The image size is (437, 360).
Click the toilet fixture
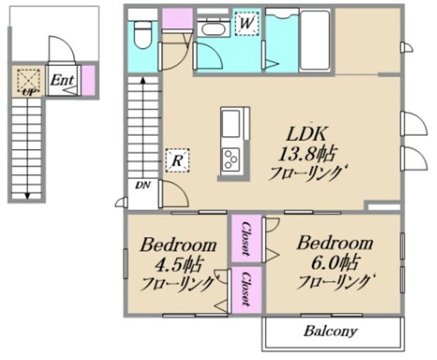[x=143, y=35]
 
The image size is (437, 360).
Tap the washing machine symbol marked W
[x=246, y=23]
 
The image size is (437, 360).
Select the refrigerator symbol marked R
[x=178, y=161]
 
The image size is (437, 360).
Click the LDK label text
[x=307, y=134]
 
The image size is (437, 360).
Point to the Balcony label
[x=330, y=331]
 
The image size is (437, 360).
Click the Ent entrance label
[x=62, y=80]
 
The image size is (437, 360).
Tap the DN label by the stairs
[x=143, y=185]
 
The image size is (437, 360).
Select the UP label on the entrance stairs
[x=29, y=92]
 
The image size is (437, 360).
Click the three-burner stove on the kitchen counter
[x=231, y=159]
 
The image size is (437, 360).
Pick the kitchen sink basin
[x=231, y=124]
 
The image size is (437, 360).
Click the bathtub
[x=315, y=40]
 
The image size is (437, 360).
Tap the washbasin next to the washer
[x=213, y=29]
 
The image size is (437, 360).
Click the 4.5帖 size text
[x=178, y=265]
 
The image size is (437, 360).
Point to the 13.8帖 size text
[x=307, y=154]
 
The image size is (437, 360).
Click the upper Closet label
[x=246, y=238]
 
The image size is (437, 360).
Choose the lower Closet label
[x=246, y=289]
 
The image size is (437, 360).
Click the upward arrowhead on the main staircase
[x=143, y=81]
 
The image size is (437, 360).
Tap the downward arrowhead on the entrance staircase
[x=27, y=196]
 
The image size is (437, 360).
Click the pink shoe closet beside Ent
[x=89, y=81]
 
